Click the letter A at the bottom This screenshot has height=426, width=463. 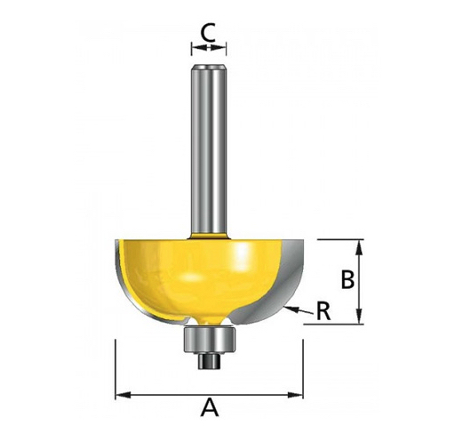tap(210, 407)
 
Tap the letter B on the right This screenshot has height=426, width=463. tap(347, 279)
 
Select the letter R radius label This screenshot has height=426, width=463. tap(323, 311)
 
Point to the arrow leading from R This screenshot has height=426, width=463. tap(298, 310)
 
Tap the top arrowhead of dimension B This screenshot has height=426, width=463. tap(359, 248)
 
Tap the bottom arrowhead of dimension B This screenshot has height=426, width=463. tap(359, 316)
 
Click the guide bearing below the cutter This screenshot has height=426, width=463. tap(209, 340)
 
